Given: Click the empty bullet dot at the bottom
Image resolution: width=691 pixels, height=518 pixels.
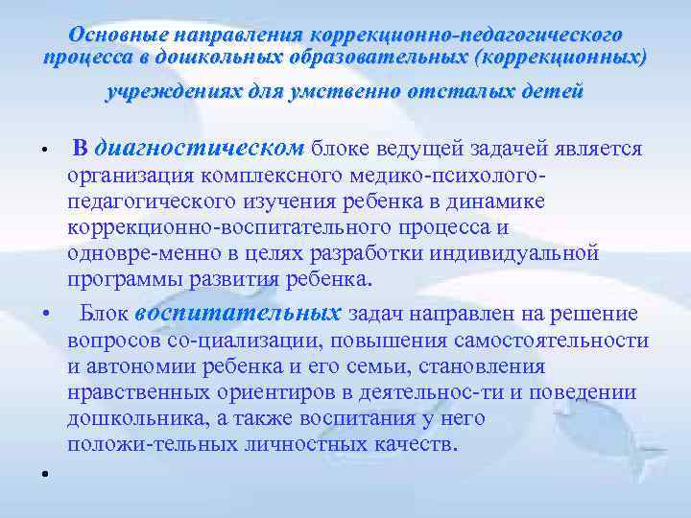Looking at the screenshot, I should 44,474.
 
